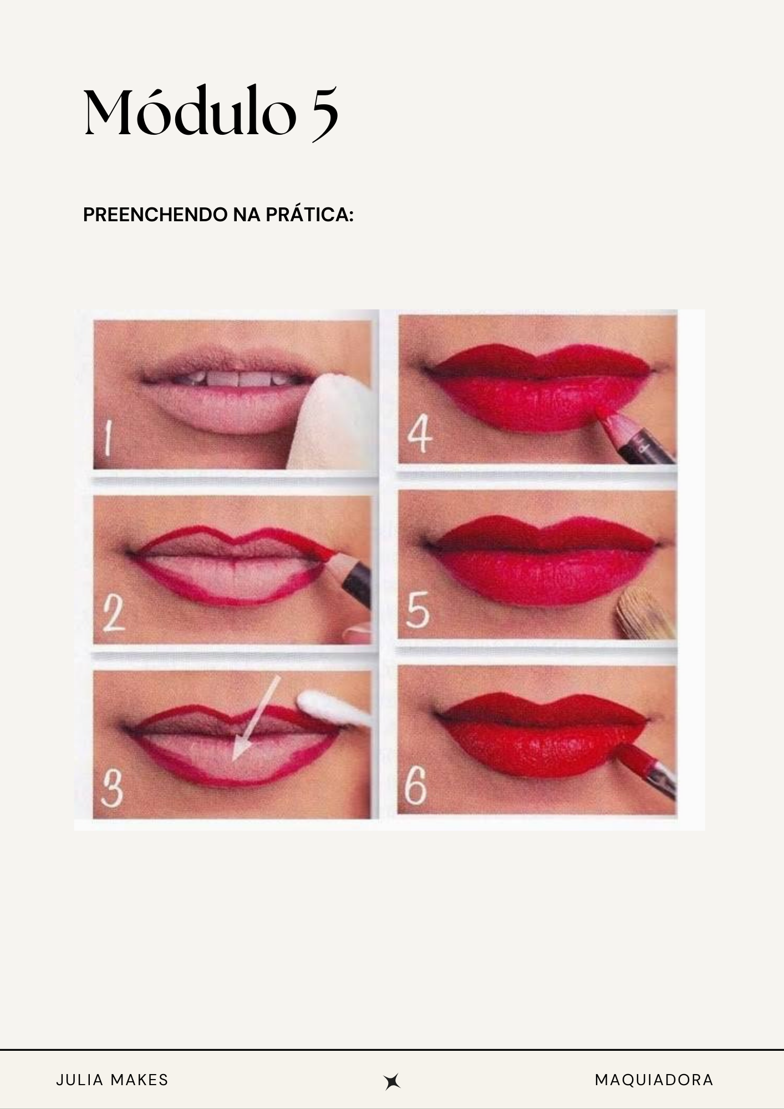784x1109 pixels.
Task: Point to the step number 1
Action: [x=109, y=438]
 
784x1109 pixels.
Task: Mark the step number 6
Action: [x=416, y=787]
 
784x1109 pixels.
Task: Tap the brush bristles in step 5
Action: [x=646, y=613]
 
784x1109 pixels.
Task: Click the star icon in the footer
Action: [x=392, y=1081]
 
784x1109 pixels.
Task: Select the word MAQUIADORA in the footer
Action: [x=654, y=1080]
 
